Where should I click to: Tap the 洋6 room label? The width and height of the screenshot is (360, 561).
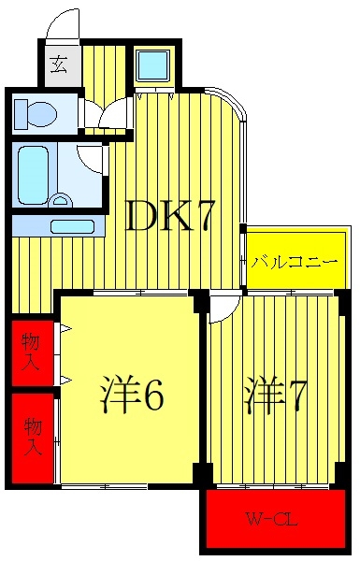(x=132, y=395)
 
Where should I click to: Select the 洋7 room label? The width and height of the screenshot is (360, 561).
(x=275, y=395)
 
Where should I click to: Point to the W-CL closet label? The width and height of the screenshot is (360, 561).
(x=271, y=518)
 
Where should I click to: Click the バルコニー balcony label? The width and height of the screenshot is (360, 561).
(x=294, y=263)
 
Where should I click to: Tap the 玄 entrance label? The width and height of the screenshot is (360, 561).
(x=59, y=65)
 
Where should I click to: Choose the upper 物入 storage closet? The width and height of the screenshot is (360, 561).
(x=32, y=353)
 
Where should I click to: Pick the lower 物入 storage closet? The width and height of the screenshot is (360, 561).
(x=32, y=439)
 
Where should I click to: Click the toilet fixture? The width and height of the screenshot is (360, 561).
(x=35, y=113)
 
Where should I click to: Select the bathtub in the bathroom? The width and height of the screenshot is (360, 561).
(x=34, y=176)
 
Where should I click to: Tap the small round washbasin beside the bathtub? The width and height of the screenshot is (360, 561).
(x=63, y=200)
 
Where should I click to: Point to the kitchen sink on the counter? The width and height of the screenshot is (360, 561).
(x=73, y=226)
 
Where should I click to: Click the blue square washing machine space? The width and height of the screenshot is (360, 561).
(x=153, y=65)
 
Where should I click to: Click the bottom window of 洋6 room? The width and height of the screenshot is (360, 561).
(x=104, y=486)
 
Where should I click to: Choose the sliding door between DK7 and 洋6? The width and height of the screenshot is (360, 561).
(x=140, y=293)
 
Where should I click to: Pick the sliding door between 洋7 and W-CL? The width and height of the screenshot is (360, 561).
(x=273, y=486)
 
